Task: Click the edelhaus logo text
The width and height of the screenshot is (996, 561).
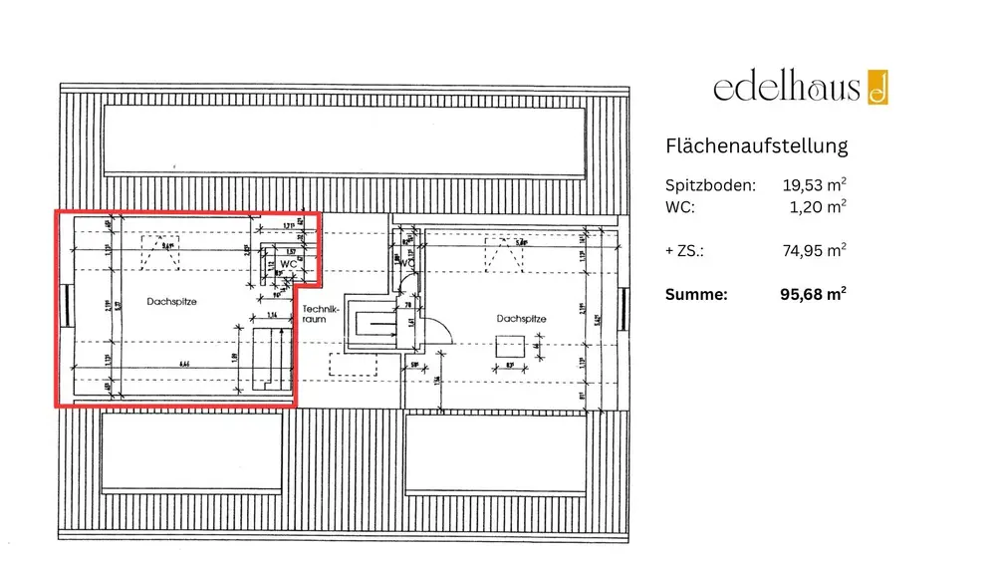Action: click(786, 88)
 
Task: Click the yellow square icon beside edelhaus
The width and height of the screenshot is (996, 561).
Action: click(877, 88)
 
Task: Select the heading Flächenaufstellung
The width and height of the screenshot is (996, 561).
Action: click(756, 145)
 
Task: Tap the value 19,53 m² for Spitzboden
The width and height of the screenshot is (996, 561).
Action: click(815, 185)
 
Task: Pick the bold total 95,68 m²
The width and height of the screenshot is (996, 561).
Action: click(814, 294)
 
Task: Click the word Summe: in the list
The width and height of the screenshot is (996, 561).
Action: click(697, 295)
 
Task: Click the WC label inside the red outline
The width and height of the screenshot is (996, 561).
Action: click(287, 264)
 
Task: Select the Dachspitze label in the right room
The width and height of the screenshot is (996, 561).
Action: click(521, 319)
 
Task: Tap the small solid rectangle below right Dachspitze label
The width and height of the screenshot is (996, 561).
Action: click(509, 347)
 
